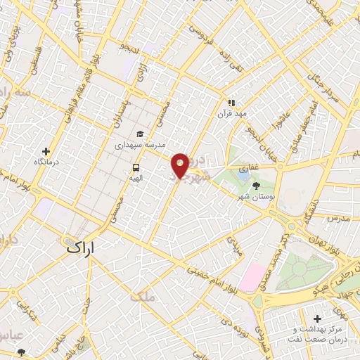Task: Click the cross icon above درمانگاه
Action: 46,150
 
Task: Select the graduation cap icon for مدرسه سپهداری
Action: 140,134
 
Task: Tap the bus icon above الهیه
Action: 134,167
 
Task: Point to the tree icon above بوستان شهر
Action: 256,185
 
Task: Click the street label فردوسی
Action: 202,32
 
